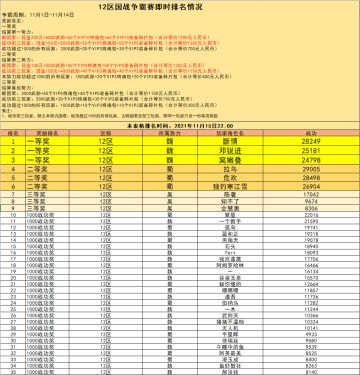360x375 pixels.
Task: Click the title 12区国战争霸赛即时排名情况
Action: click(181, 6)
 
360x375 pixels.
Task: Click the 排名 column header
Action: click(14, 131)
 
